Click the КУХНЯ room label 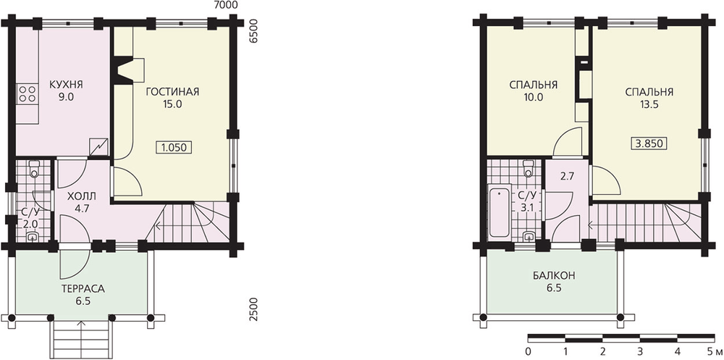point(66,85)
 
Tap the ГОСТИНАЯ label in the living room point(173,91)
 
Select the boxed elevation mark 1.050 point(174,148)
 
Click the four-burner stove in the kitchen point(28,94)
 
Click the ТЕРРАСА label point(83,290)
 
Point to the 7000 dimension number point(227,5)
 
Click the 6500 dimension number point(253,31)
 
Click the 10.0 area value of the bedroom point(534,98)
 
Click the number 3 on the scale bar point(640,350)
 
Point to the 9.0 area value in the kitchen point(66,97)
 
